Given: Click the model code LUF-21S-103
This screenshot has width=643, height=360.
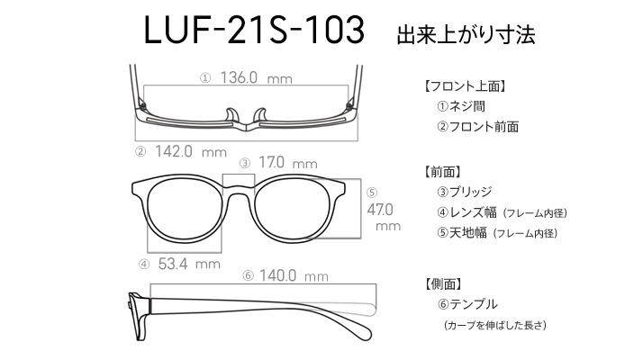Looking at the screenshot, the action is tap(254, 30).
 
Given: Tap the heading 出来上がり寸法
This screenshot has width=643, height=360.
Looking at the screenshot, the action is tap(466, 34).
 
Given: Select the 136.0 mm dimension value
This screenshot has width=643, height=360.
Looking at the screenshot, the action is tap(257, 77).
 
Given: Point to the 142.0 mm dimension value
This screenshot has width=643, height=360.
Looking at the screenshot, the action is tap(191, 152).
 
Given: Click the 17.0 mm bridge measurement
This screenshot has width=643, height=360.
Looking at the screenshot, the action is tap(288, 163).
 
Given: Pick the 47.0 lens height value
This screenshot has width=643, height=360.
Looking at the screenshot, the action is tap(380, 210).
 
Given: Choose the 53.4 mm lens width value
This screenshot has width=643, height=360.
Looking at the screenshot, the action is tap(189, 264).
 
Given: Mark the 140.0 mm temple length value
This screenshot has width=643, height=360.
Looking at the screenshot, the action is tap(294, 275).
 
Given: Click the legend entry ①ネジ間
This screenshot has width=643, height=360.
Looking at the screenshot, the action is tap(461, 106).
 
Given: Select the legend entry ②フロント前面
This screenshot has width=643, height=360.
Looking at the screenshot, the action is tap(477, 127).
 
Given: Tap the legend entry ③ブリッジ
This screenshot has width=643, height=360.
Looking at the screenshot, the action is tap(465, 192).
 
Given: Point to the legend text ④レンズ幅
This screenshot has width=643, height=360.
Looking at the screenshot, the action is tap(467, 212).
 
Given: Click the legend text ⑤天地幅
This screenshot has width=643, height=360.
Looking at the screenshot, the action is tap(462, 233).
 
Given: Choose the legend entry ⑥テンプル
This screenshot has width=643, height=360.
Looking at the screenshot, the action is tap(467, 304).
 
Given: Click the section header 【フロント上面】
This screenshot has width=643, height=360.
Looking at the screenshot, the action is tap(464, 86).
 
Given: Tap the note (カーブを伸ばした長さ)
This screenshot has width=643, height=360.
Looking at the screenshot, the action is tap(495, 325).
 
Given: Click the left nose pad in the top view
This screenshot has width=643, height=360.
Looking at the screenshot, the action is tap(231, 115).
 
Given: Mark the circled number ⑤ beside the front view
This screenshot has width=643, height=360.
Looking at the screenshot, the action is tap(372, 193).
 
